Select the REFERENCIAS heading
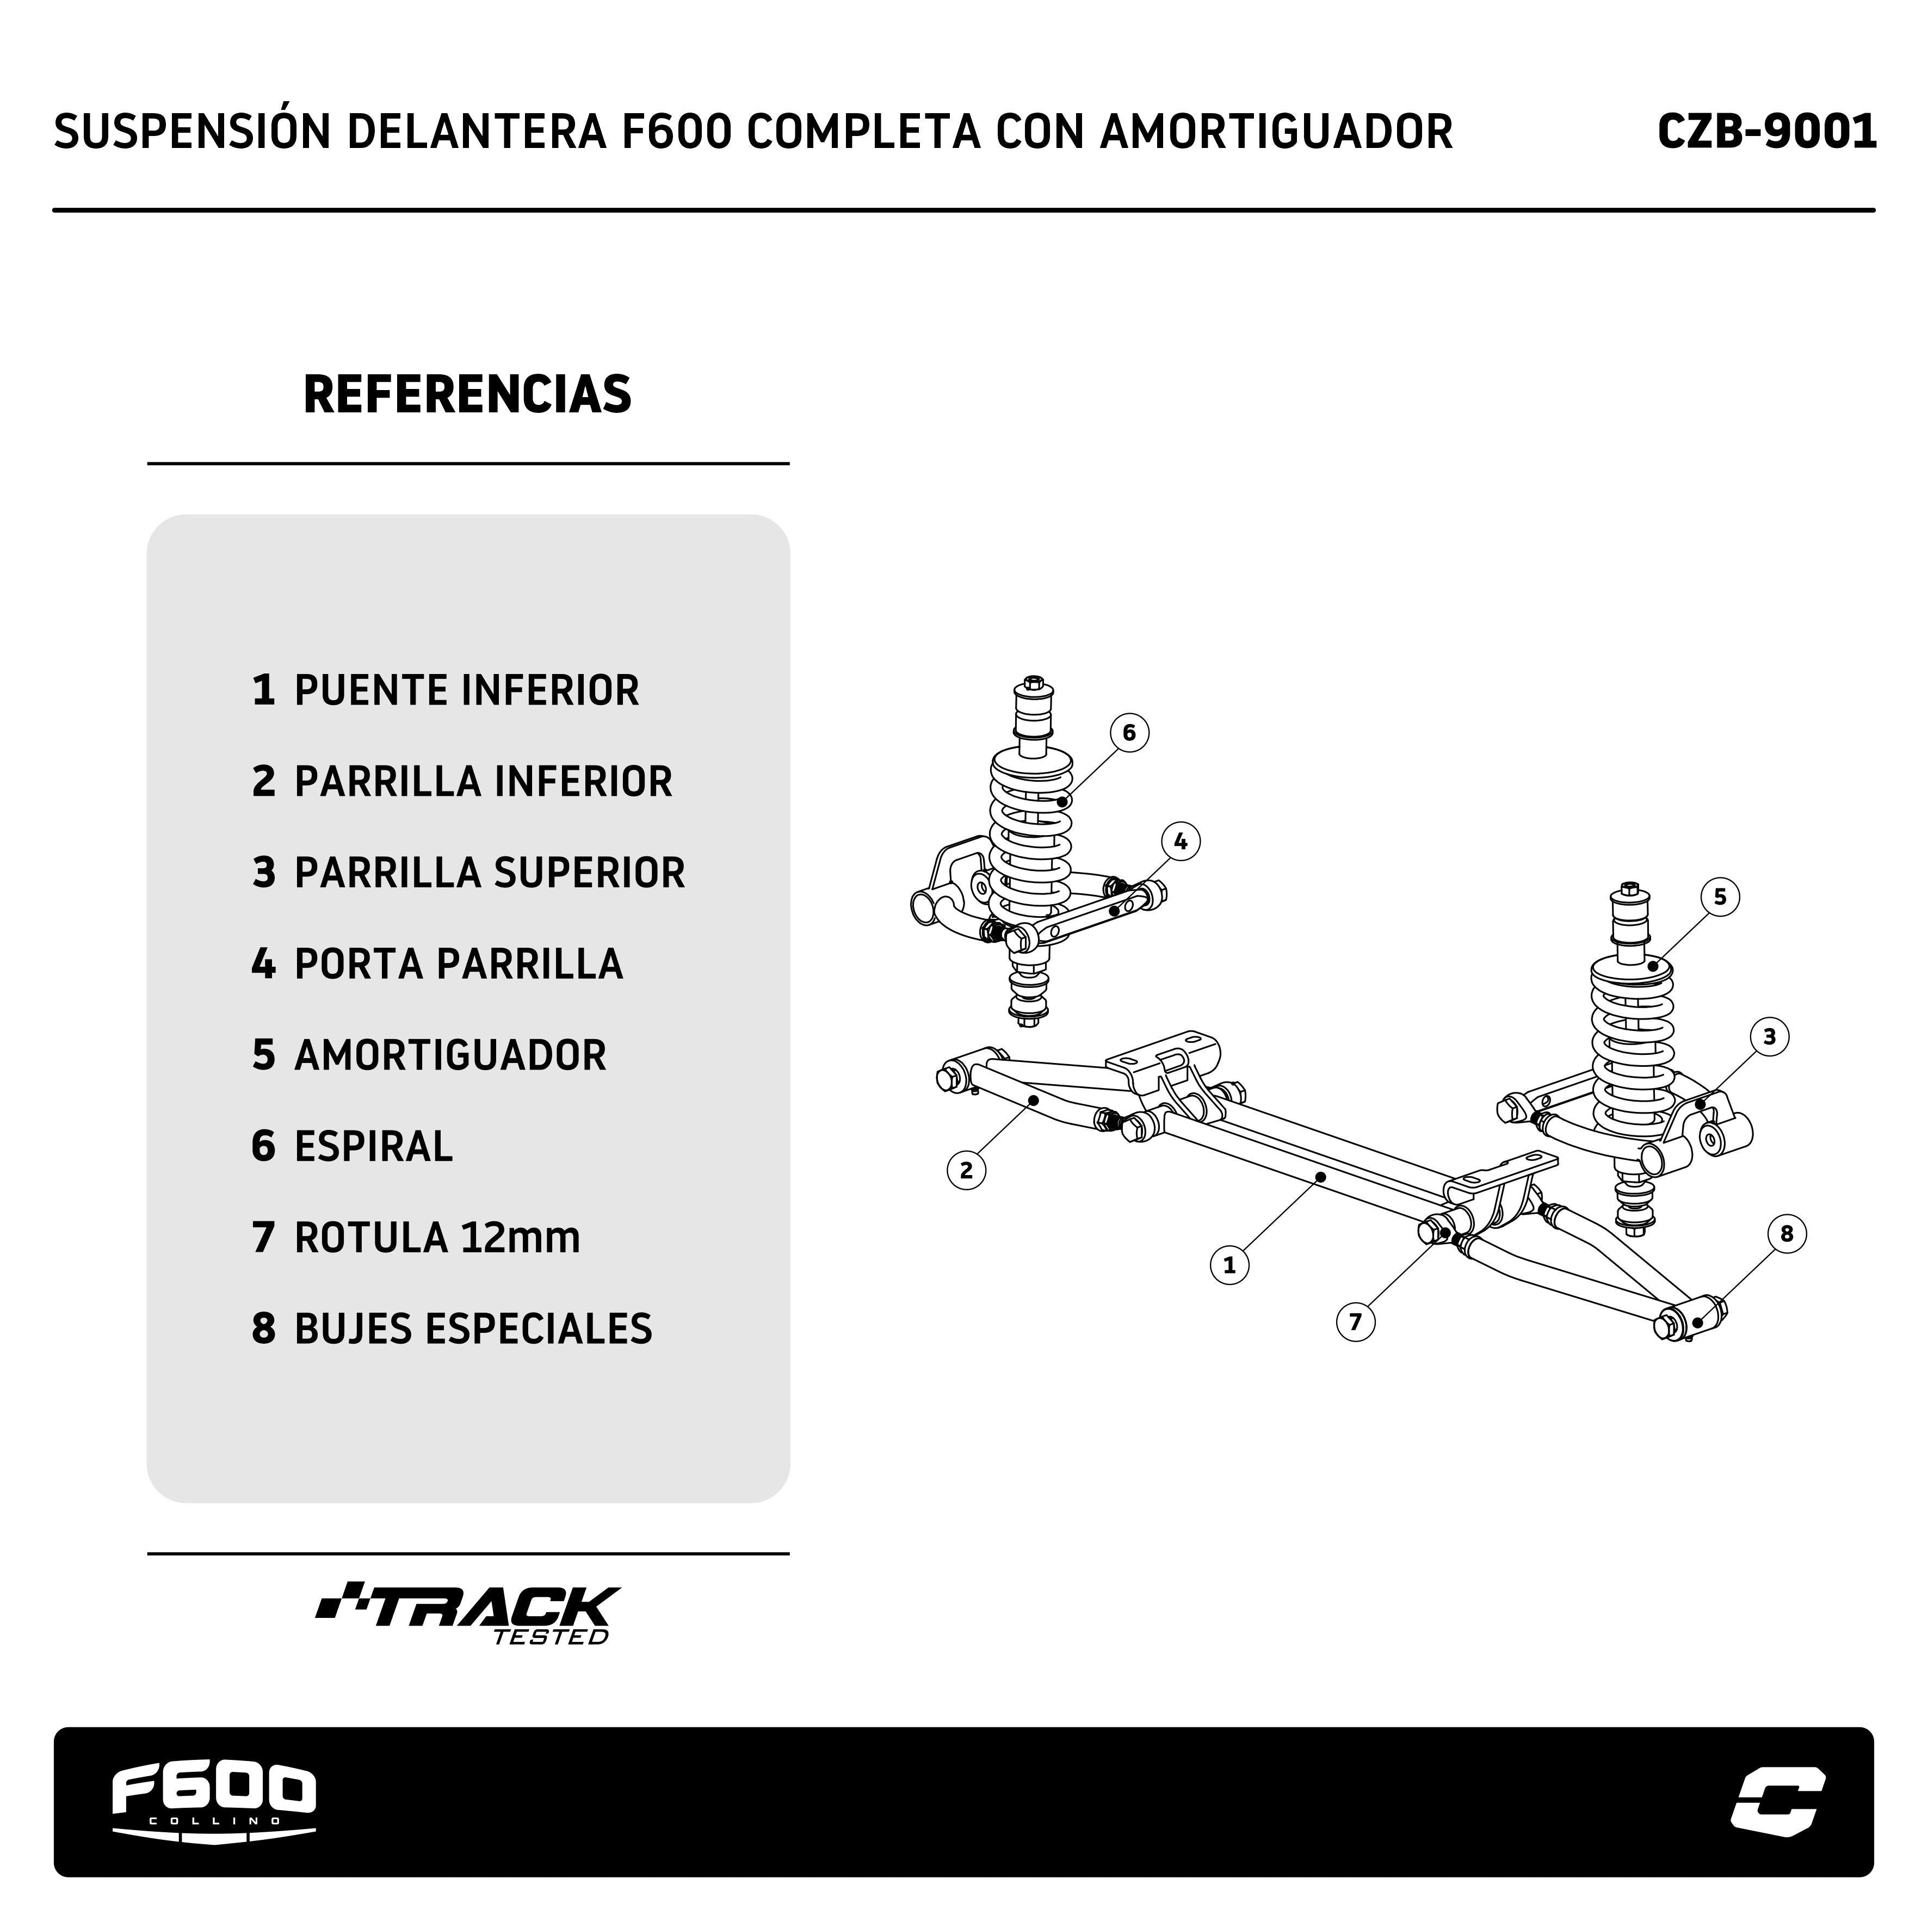[467, 394]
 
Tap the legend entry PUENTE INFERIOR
[445, 690]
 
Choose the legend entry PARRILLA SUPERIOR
[468, 873]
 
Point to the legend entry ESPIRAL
[353, 1147]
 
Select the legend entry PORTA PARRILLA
[437, 964]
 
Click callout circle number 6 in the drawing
[1129, 732]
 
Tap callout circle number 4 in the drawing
[1181, 841]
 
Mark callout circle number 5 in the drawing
[1720, 896]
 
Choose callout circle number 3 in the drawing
[1769, 1037]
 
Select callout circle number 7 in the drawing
[1355, 1323]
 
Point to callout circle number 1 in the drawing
[1229, 1265]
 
